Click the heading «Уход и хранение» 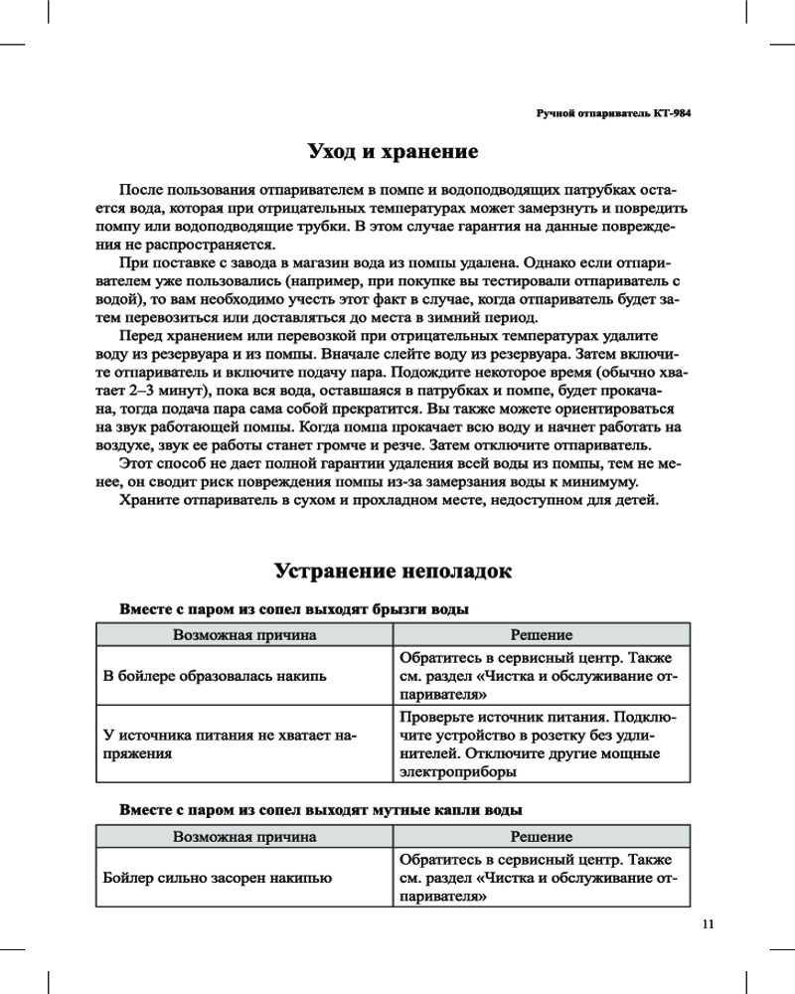(394, 152)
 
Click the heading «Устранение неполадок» (394, 572)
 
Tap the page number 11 (708, 923)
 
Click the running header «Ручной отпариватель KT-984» (613, 113)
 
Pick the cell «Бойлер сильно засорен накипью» (218, 878)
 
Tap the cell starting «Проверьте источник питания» (538, 745)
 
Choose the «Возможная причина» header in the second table (244, 837)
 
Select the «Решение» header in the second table (541, 837)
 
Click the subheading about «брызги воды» (293, 608)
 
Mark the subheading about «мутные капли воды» (321, 810)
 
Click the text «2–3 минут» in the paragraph (153, 391)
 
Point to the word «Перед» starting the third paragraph (140, 336)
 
